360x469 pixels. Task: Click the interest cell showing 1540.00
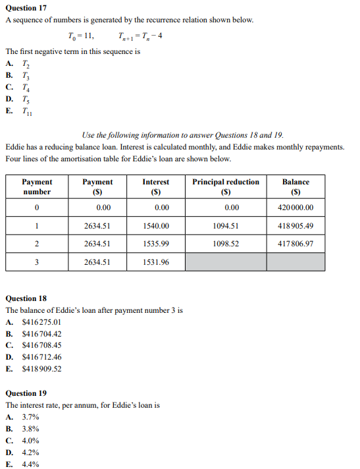[155, 226]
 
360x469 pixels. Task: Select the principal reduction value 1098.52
[226, 244]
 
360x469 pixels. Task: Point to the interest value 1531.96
[155, 262]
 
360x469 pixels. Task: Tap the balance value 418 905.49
[296, 226]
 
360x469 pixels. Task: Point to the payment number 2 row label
[37, 244]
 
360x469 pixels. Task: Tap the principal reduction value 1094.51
[226, 226]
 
